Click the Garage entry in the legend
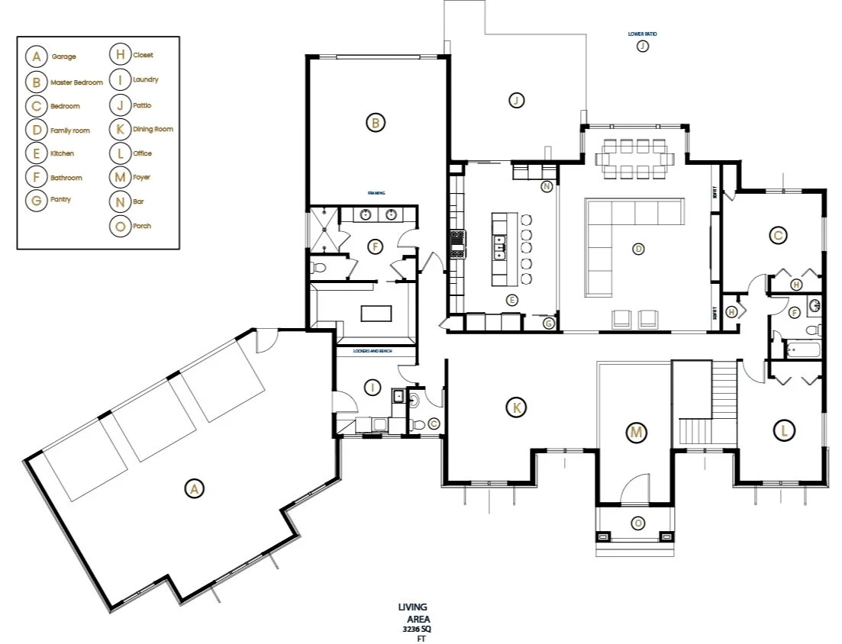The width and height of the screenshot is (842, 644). (63, 56)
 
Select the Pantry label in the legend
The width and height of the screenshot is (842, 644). (60, 200)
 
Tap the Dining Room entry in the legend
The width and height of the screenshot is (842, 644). (153, 129)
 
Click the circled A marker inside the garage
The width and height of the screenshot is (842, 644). (194, 489)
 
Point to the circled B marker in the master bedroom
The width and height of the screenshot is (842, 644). (374, 122)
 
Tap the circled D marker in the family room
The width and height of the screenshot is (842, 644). (639, 247)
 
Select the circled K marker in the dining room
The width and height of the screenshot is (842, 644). (517, 407)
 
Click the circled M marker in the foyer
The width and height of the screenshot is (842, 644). (635, 433)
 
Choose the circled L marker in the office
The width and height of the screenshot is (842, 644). (782, 430)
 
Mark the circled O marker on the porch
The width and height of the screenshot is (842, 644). (637, 523)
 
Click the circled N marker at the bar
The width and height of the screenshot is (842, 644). (547, 186)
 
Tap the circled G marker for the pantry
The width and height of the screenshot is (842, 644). (548, 324)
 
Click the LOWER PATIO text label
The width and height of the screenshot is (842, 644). (642, 34)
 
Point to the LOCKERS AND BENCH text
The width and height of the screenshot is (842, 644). (373, 352)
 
